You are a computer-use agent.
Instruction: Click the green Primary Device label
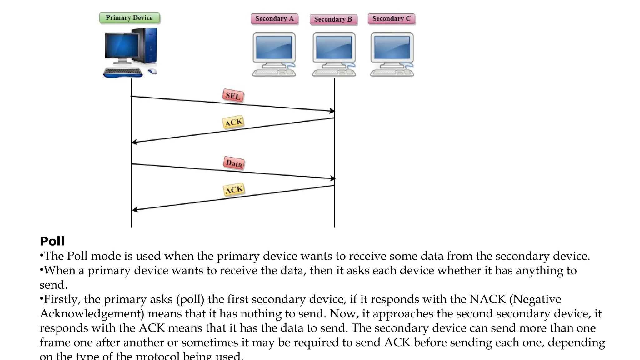(129, 18)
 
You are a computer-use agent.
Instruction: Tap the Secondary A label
(274, 19)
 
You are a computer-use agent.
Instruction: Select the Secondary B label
(333, 19)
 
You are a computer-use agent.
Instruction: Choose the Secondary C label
(391, 19)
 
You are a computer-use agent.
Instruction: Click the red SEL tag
(233, 96)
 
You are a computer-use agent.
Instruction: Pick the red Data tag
(234, 163)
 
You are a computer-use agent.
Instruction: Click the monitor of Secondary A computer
(274, 47)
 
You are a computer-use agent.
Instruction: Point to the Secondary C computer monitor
(392, 47)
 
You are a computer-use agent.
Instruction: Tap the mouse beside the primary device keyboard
(152, 71)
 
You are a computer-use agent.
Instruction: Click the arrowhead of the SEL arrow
(332, 111)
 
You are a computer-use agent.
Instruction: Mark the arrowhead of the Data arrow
(333, 178)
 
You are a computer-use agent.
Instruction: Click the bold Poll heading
(52, 241)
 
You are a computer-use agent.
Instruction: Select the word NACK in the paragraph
(487, 299)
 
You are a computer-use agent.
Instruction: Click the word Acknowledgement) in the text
(92, 314)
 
